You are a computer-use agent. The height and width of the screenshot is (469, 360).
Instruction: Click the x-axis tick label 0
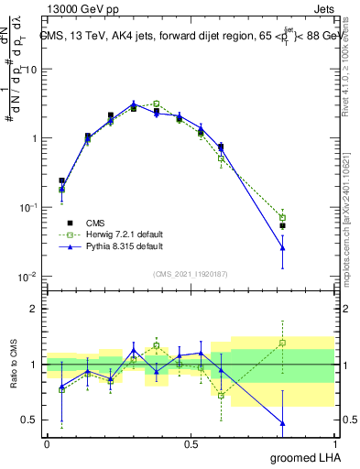(46, 443)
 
